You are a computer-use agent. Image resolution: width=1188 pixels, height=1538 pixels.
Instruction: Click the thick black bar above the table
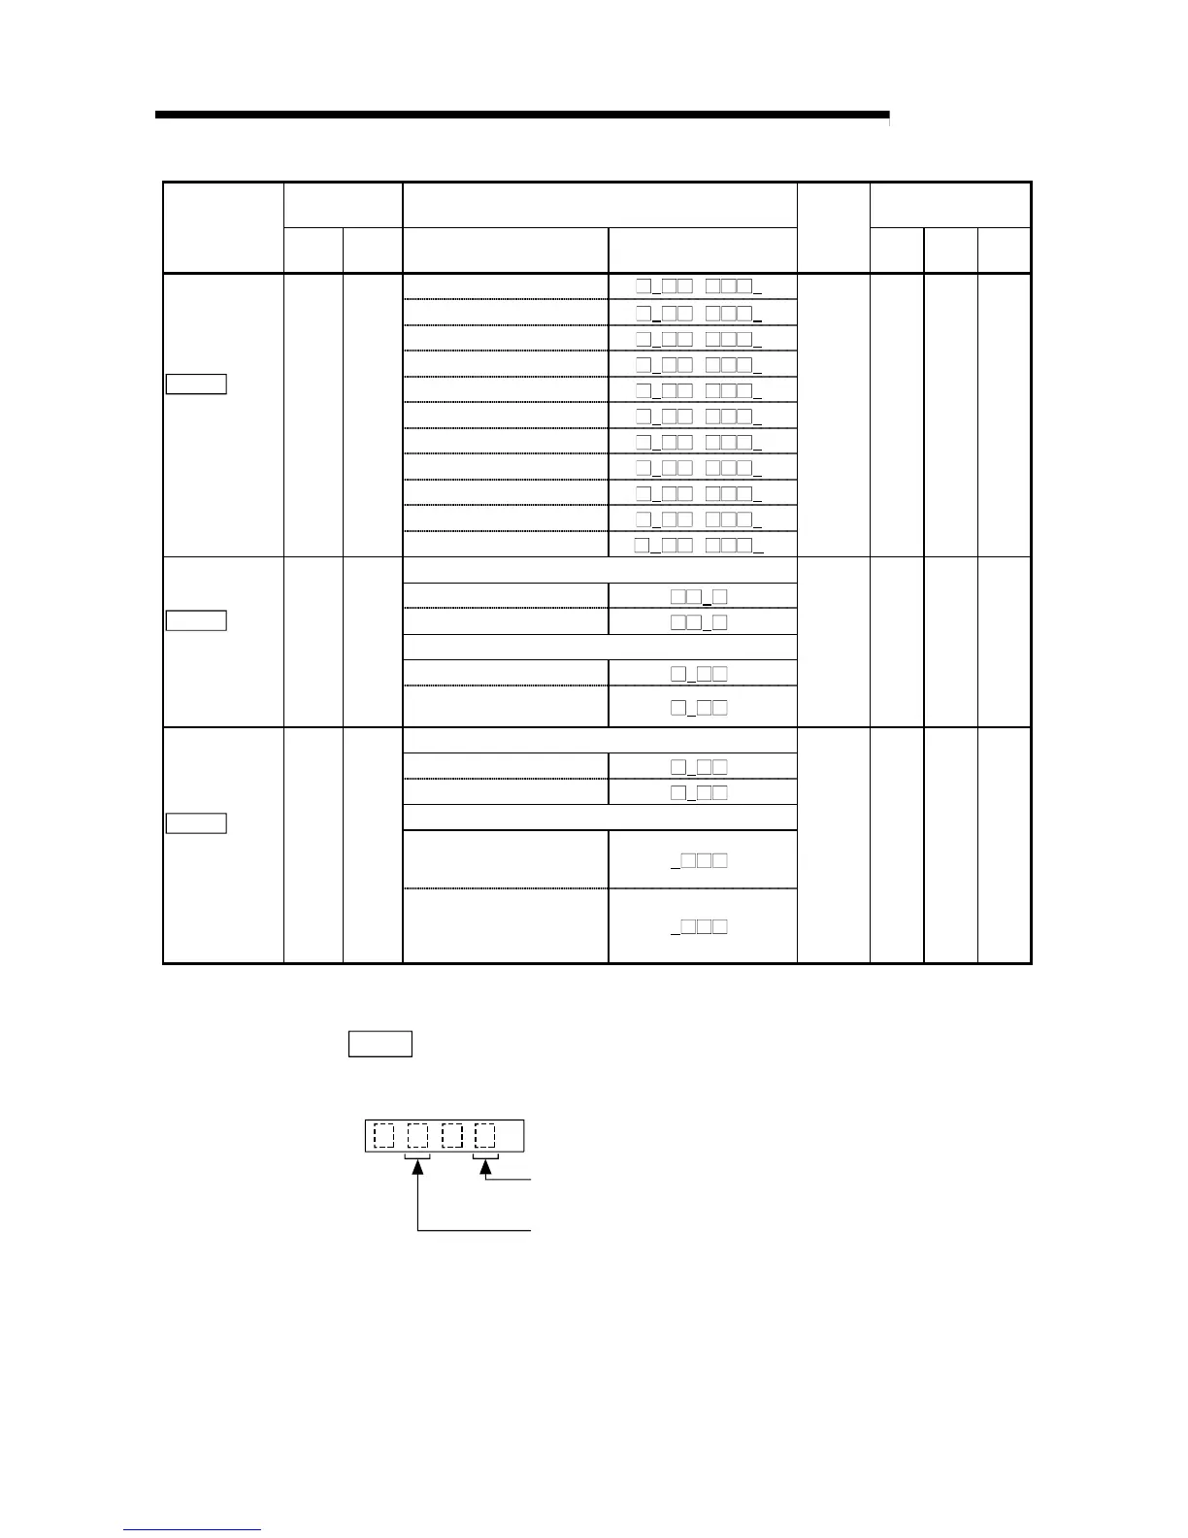point(521,115)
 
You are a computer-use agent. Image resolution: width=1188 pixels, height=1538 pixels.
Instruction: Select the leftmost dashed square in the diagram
point(384,1135)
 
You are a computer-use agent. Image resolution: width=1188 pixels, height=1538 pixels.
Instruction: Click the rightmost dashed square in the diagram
point(485,1135)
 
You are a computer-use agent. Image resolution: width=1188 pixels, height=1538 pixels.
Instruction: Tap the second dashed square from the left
point(417,1135)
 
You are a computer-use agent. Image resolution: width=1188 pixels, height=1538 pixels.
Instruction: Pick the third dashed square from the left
point(452,1135)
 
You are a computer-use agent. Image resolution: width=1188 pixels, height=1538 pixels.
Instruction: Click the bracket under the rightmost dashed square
point(485,1155)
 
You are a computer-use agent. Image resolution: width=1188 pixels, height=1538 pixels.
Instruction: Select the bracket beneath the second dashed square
point(417,1155)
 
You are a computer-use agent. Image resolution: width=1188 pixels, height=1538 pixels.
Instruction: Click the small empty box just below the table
point(379,1044)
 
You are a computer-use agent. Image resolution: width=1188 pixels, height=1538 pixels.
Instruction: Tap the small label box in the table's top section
point(196,384)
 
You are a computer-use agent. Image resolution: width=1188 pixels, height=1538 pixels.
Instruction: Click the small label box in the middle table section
point(196,619)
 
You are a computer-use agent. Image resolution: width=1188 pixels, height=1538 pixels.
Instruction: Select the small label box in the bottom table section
point(196,823)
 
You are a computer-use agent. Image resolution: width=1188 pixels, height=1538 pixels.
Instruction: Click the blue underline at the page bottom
point(192,1529)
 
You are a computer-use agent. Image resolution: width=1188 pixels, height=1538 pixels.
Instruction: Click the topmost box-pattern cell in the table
point(699,286)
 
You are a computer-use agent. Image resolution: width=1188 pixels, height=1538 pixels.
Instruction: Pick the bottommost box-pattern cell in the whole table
point(699,926)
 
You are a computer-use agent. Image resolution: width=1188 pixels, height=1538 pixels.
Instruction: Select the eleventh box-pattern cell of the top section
point(699,544)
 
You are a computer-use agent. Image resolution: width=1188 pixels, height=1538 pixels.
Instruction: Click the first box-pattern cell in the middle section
point(699,596)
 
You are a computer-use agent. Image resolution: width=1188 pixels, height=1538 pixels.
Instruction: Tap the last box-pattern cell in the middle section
point(699,707)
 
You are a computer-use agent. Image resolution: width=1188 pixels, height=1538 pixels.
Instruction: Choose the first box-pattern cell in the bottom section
point(699,767)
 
